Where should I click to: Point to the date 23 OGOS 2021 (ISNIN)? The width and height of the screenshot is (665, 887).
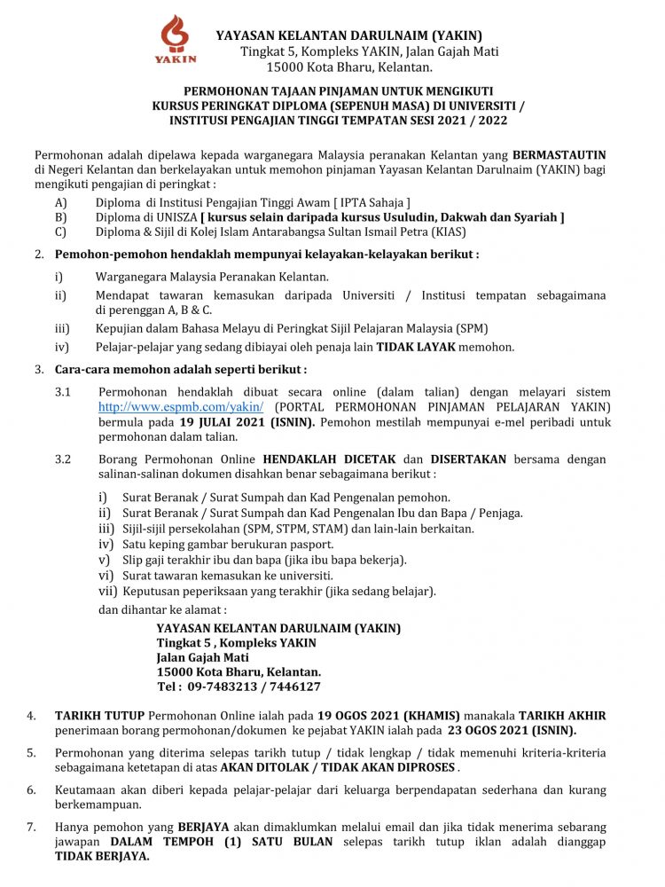pos(511,731)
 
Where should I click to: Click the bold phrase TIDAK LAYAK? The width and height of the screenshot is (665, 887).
pos(414,347)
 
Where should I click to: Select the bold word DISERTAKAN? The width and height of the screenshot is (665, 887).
pos(468,459)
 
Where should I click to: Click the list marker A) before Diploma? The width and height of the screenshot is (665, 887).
pos(60,202)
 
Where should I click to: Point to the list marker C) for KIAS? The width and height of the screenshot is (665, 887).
pos(60,232)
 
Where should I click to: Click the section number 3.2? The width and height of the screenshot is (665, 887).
pos(63,459)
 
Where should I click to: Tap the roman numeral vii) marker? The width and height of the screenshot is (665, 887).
pos(107,591)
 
